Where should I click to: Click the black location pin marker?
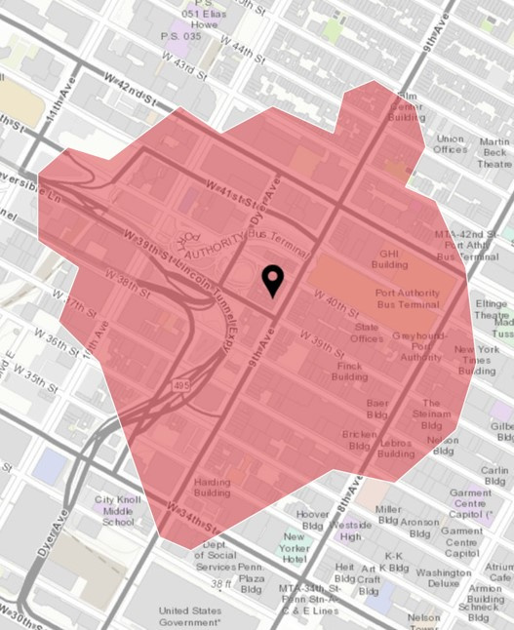tap(273, 281)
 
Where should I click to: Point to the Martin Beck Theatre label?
tap(494, 153)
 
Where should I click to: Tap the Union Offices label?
tap(451, 143)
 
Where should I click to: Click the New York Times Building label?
tap(477, 360)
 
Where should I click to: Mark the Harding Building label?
tap(212, 487)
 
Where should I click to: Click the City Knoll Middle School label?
tap(119, 510)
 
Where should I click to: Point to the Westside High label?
tap(352, 530)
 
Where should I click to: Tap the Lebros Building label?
tap(395, 448)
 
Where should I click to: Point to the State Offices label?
tap(368, 333)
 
